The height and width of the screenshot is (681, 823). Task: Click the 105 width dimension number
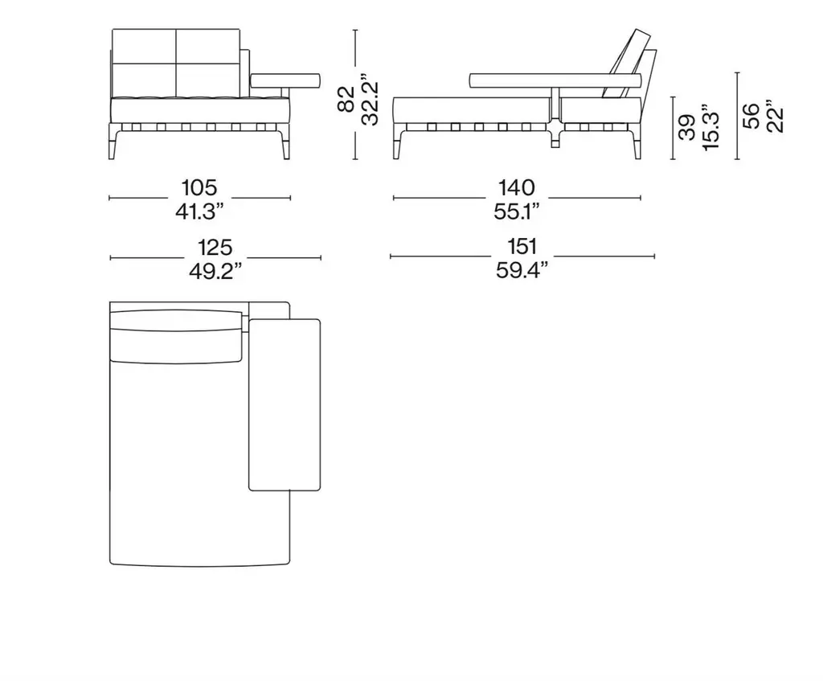[x=199, y=187]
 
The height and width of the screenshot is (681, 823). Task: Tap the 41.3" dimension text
[x=199, y=211]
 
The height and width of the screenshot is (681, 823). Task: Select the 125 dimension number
[x=215, y=248]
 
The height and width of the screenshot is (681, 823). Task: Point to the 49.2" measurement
[x=215, y=272]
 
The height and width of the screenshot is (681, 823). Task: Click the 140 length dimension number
[x=517, y=187]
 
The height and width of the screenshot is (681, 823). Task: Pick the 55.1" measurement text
[x=517, y=211]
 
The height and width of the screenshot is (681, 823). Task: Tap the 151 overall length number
[x=522, y=246]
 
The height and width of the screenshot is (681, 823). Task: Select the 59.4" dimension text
[x=522, y=270]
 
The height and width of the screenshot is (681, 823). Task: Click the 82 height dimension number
[x=346, y=99]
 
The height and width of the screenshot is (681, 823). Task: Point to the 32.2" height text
[x=370, y=102]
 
